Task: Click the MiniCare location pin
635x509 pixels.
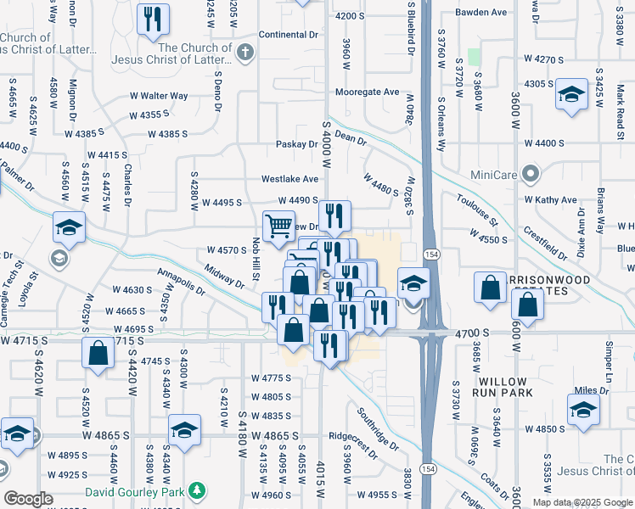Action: pos(532,174)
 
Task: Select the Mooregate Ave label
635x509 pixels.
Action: pos(368,92)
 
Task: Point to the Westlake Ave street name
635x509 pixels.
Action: pos(289,179)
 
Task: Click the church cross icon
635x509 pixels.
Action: pos(245,53)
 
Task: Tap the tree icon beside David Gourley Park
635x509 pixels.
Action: pos(197,491)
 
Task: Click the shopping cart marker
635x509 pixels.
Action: pos(279,227)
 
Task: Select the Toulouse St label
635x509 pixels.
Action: pos(476,210)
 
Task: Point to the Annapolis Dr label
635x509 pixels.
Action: pos(181,283)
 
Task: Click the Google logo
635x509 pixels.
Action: pos(28,499)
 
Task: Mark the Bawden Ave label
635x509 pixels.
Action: pos(480,13)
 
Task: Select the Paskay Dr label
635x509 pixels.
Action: pos(296,144)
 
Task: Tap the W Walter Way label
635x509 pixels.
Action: pos(158,96)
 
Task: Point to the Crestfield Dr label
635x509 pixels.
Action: pos(545,241)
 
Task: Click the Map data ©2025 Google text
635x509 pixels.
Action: pos(582,502)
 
